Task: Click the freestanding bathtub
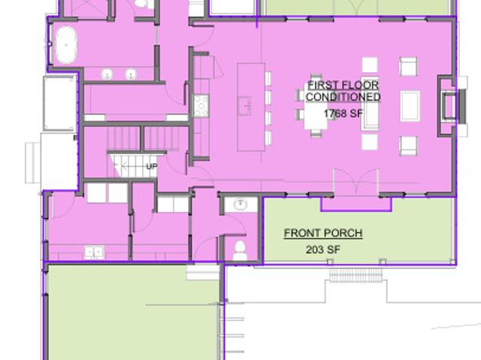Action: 65,45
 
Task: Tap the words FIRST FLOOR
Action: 343,85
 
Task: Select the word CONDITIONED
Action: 343,97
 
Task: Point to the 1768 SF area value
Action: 343,113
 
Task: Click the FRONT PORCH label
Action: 323,233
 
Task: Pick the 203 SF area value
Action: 323,250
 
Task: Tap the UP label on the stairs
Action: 152,167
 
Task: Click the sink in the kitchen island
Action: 245,106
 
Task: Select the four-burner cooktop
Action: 201,106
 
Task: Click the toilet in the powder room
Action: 240,251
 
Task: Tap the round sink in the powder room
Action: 241,204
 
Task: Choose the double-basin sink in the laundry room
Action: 95,253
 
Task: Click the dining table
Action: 316,107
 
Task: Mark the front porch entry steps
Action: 355,275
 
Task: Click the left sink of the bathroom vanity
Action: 107,74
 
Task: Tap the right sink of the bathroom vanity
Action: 131,74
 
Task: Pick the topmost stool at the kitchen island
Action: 268,78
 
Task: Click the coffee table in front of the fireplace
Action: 410,107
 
